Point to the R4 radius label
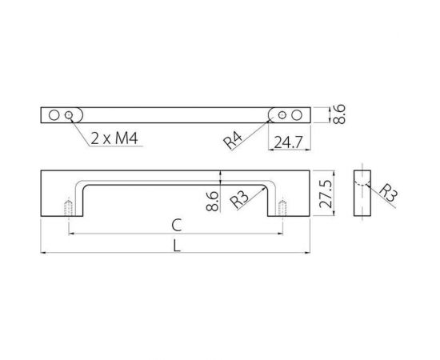234,140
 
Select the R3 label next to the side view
387,193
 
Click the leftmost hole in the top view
54,115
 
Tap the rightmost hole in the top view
297,115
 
